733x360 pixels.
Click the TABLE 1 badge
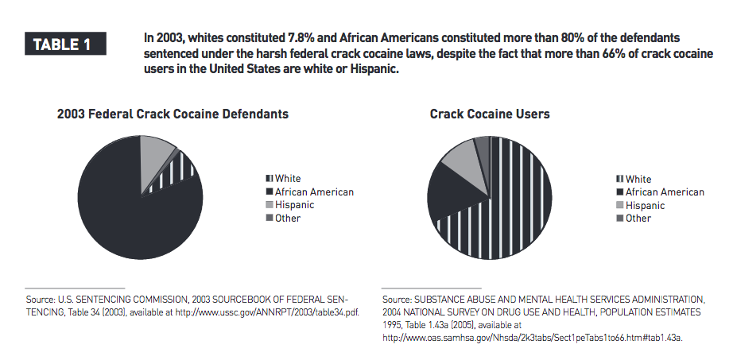[69, 45]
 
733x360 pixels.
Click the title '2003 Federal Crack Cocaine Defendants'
[173, 114]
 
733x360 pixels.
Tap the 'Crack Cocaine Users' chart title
[490, 114]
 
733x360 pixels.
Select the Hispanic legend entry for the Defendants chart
[289, 205]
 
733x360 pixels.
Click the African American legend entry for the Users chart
[659, 192]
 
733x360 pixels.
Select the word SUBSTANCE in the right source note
[450, 300]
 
